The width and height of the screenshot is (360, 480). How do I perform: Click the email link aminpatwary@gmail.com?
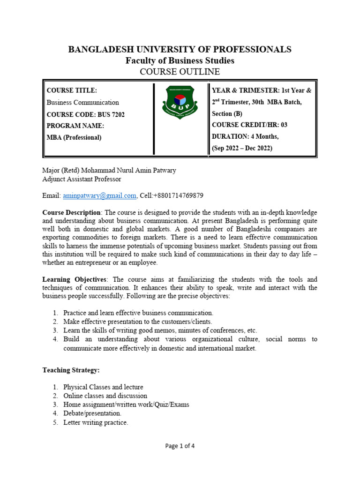[x=99, y=195]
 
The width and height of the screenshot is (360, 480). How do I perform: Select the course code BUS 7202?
[x=86, y=114]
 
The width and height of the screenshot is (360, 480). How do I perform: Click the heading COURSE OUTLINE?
[x=180, y=72]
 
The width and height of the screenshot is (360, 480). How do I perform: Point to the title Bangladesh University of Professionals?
[x=180, y=50]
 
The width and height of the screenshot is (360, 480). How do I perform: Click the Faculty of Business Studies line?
[x=180, y=61]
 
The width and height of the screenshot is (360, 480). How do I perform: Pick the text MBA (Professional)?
[x=74, y=137]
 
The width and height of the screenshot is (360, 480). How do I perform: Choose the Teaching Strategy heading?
[x=71, y=370]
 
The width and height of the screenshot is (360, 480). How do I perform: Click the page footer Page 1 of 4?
[x=180, y=446]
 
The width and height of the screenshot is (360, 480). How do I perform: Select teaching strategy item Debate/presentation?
[x=92, y=413]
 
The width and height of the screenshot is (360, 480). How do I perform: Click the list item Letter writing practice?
[x=96, y=422]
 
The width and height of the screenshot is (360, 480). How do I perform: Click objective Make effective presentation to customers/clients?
[x=138, y=322]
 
